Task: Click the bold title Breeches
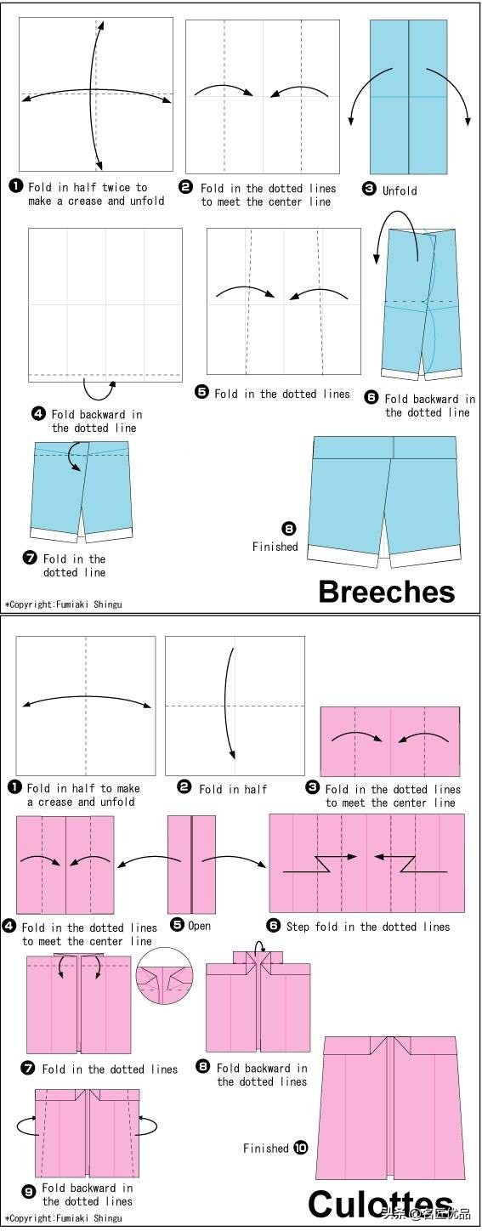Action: pos(387,592)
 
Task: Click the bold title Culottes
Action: pos(381,1204)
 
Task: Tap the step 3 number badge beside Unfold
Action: pos(369,190)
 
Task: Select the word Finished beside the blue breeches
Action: pos(275,547)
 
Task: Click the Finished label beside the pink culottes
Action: pos(266,1148)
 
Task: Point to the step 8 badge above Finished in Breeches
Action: pos(289,529)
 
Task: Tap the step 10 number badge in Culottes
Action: pos(301,1148)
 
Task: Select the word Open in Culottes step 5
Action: pos(199,926)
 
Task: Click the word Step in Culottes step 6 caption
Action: pos(298,927)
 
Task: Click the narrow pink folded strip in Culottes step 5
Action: pos(191,864)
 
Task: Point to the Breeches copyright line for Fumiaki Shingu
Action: pos(63,604)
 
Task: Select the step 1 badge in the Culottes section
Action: pos(14,787)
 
